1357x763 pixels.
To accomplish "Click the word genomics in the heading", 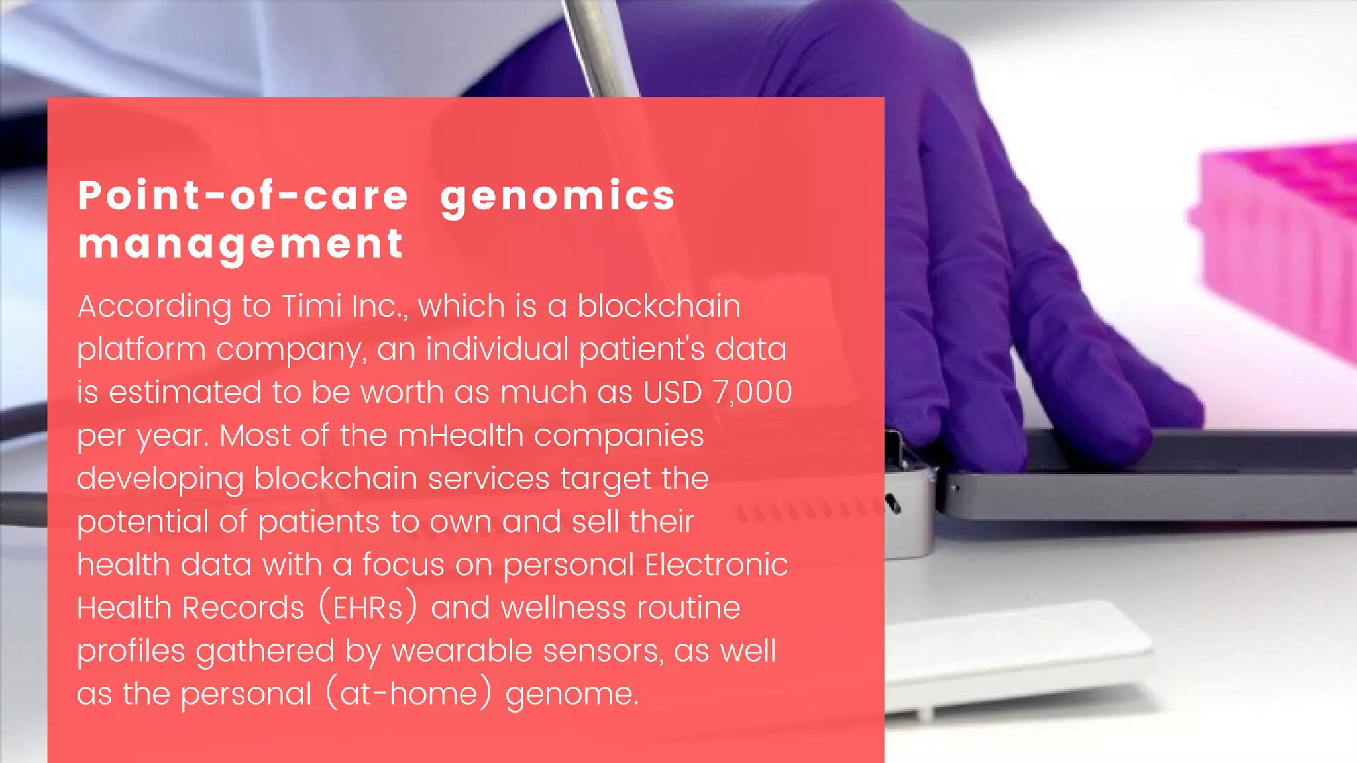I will coord(557,197).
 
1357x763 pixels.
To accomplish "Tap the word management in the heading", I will coord(240,244).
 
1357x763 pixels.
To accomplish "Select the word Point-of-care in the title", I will coord(243,196).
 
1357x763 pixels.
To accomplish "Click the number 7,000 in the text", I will coord(752,392).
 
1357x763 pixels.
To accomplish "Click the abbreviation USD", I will coord(672,392).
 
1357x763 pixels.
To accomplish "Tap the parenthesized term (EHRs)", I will coord(368,607).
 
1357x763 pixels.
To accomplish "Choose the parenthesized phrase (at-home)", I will coord(409,693).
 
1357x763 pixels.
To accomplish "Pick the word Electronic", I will coord(716,564).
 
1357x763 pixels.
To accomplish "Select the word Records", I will coord(243,607).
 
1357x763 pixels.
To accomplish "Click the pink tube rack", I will coord(1279,245).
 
